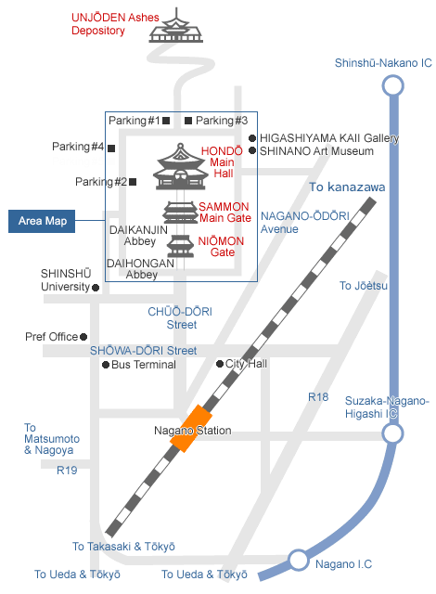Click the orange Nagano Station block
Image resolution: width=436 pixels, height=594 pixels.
point(191,429)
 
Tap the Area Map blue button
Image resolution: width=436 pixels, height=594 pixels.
point(42,221)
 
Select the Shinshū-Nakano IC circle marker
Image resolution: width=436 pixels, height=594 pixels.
point(392,85)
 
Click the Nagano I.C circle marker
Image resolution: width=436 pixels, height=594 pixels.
point(298,560)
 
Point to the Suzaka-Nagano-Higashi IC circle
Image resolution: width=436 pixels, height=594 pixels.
point(392,433)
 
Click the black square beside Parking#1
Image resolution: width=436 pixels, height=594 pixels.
point(166,121)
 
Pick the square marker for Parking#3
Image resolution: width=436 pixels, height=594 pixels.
point(188,121)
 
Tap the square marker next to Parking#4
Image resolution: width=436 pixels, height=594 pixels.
point(111,148)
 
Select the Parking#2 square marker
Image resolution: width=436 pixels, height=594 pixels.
point(133,182)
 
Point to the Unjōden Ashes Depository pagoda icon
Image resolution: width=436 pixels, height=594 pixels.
point(176,26)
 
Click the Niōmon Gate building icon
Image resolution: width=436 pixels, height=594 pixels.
point(181,246)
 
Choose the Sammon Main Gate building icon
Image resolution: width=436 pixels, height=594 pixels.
point(181,213)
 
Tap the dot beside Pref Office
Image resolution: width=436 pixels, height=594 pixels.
point(83,337)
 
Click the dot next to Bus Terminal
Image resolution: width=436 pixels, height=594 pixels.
point(106,365)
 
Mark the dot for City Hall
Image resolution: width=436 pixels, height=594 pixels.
point(220,364)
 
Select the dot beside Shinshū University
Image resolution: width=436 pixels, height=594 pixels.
point(96,288)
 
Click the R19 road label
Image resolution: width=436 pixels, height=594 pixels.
point(67,471)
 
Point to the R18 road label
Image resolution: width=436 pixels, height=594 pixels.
point(318,397)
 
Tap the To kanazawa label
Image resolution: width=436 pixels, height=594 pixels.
point(347,187)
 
